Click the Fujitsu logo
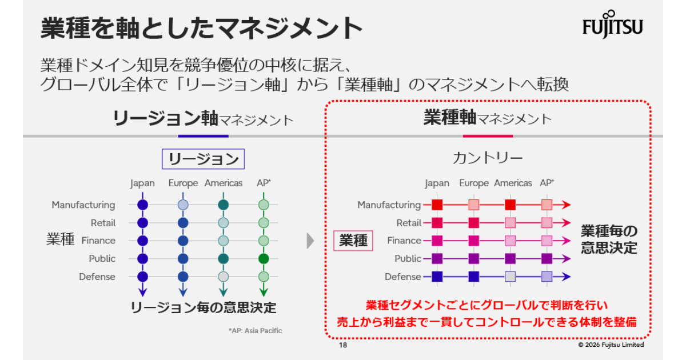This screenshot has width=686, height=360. [612, 25]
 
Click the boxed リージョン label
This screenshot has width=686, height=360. [204, 159]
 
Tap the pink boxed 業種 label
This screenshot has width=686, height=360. [353, 241]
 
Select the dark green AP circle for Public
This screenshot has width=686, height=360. [264, 259]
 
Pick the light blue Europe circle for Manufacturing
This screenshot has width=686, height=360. [183, 205]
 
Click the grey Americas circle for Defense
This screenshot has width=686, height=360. [224, 277]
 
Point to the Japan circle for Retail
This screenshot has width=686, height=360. [143, 223]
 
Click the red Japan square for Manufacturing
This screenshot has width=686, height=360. [437, 205]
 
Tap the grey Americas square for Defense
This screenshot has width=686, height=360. [510, 277]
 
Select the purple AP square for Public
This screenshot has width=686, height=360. [547, 259]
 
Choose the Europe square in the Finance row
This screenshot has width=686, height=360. [474, 241]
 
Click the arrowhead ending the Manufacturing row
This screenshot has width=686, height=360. [567, 205]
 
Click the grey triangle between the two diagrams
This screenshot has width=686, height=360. [310, 241]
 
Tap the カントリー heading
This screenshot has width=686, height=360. [488, 158]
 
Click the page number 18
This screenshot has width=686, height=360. [343, 345]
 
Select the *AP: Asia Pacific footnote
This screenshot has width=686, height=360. [255, 331]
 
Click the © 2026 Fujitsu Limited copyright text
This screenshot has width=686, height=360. [611, 345]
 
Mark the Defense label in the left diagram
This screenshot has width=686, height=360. [97, 277]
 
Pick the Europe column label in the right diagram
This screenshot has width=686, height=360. [474, 183]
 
